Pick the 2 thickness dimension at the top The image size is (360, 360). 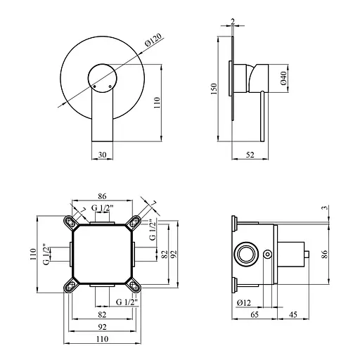(x=233, y=20)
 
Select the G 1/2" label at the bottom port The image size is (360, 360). (x=127, y=302)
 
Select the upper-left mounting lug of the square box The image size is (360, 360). (x=70, y=221)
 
